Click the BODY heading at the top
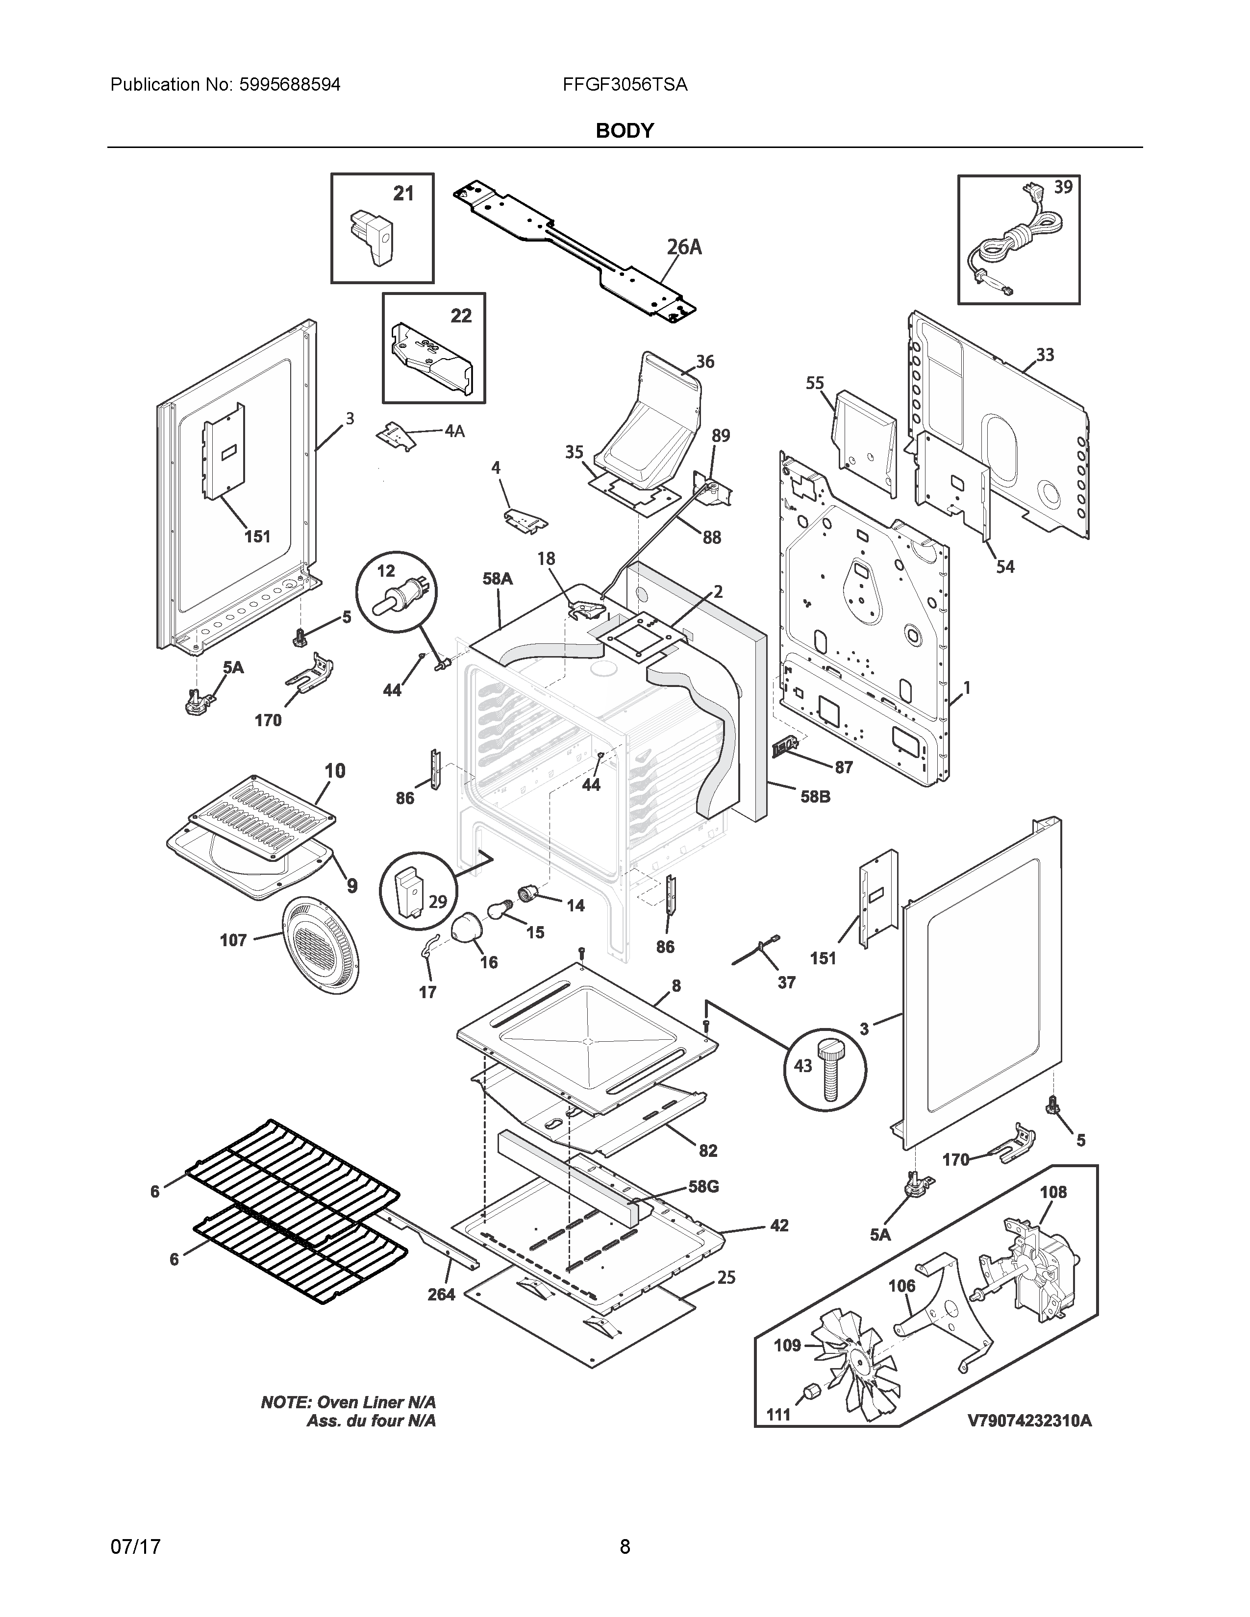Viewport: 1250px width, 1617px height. click(x=624, y=131)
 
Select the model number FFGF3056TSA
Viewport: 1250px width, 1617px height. click(x=624, y=85)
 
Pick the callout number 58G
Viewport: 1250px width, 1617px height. click(x=703, y=1186)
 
